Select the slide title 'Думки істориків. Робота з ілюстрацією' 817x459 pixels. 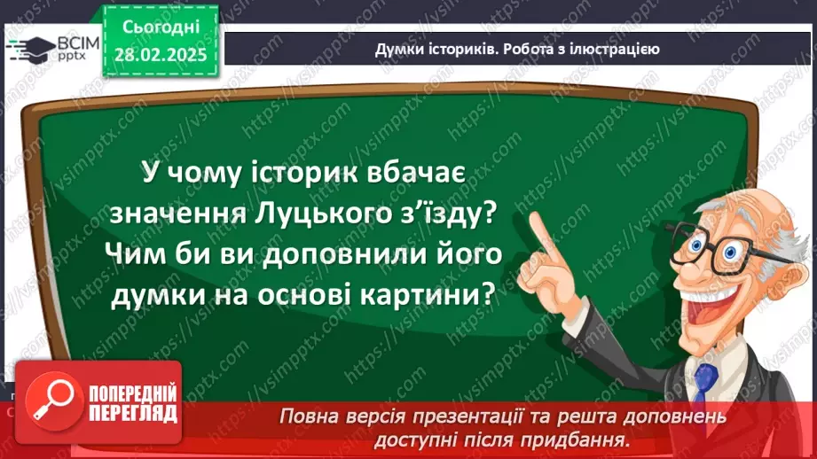pyautogui.click(x=516, y=49)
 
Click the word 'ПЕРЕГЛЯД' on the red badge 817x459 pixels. pyautogui.click(x=132, y=412)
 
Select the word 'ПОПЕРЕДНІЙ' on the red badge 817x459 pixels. pyautogui.click(x=132, y=393)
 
